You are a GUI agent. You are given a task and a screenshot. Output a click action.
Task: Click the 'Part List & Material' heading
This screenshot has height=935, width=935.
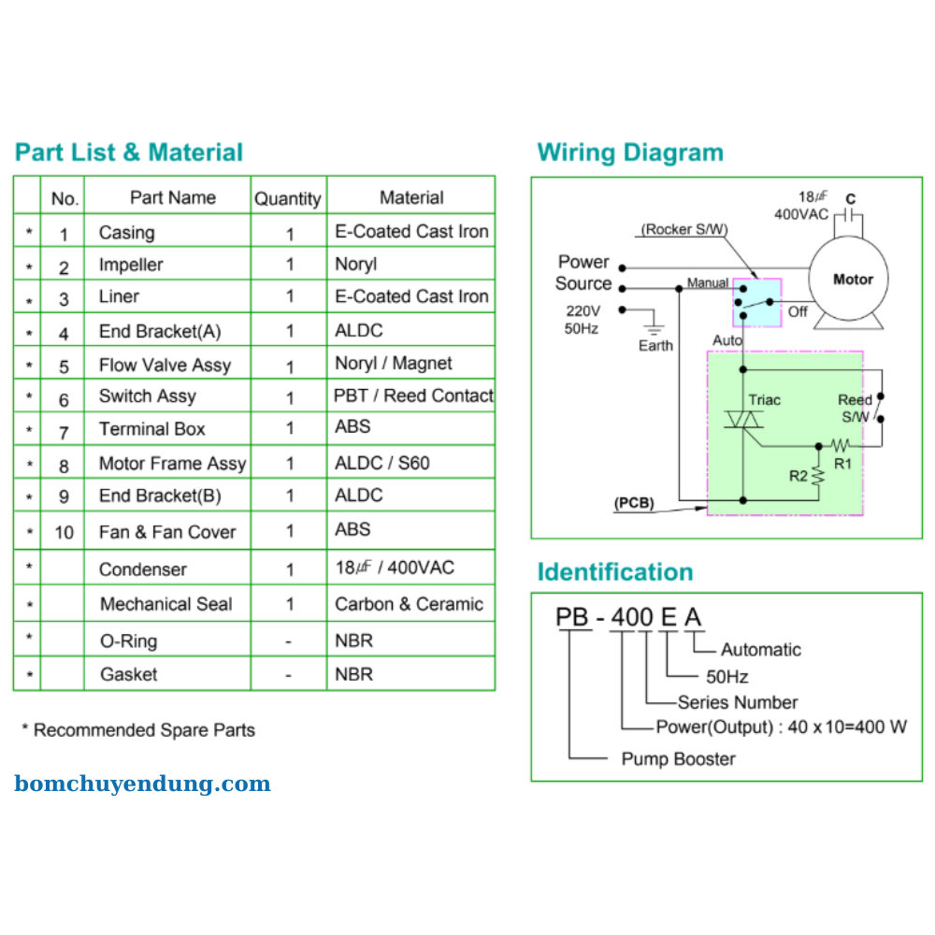[x=129, y=152]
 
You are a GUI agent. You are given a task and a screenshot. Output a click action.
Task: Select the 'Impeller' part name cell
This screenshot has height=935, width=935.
[x=131, y=265]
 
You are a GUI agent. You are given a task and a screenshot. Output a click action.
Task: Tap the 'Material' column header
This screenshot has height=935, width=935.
[x=411, y=197]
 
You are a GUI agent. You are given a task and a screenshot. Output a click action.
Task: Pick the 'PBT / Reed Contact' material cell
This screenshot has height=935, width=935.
[x=413, y=396]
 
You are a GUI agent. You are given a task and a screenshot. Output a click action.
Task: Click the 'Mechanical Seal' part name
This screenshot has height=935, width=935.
[x=165, y=604]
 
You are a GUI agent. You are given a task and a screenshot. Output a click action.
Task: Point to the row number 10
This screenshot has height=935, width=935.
[x=64, y=532]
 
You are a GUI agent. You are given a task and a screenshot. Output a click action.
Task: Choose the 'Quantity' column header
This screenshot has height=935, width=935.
[x=288, y=198]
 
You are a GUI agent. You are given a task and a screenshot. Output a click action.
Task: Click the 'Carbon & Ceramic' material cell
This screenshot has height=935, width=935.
[x=409, y=604]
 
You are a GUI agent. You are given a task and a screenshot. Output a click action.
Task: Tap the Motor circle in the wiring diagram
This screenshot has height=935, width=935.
[x=852, y=279]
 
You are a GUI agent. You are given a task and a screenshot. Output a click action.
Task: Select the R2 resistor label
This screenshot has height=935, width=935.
[x=798, y=476]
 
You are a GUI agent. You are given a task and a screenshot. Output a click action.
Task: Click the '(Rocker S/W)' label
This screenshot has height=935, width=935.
[x=684, y=229]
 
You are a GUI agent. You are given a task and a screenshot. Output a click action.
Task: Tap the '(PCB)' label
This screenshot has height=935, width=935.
[x=634, y=503]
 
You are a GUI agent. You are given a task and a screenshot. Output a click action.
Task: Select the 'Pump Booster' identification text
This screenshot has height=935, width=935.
[x=678, y=758]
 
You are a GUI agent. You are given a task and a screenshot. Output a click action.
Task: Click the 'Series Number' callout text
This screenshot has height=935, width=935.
[x=738, y=702]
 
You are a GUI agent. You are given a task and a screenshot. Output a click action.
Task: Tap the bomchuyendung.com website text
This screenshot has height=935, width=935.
[x=142, y=784]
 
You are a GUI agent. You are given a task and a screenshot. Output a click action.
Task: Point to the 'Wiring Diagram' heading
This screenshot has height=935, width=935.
[x=630, y=152]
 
